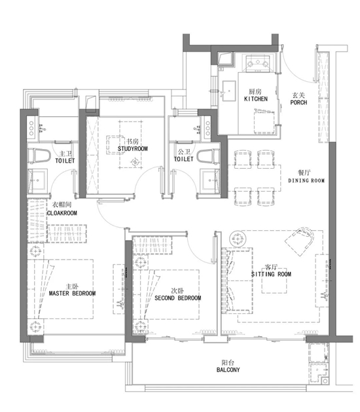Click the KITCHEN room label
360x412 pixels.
point(256,99)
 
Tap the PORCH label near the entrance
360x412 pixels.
point(298,103)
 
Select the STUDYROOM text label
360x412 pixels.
point(132,148)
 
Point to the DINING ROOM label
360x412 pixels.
point(306,180)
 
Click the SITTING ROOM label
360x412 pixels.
point(271,274)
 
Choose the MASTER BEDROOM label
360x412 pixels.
point(72,293)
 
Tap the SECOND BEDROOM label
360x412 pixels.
point(178,298)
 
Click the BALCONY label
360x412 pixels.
point(228,370)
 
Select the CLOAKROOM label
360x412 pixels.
point(62,213)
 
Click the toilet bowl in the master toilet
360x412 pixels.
point(39,156)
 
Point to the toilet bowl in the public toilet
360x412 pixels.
point(208,156)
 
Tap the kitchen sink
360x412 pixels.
point(229,91)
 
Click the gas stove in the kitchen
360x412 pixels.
point(258,63)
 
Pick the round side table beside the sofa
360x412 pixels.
point(238,239)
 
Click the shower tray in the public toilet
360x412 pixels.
point(209,180)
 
